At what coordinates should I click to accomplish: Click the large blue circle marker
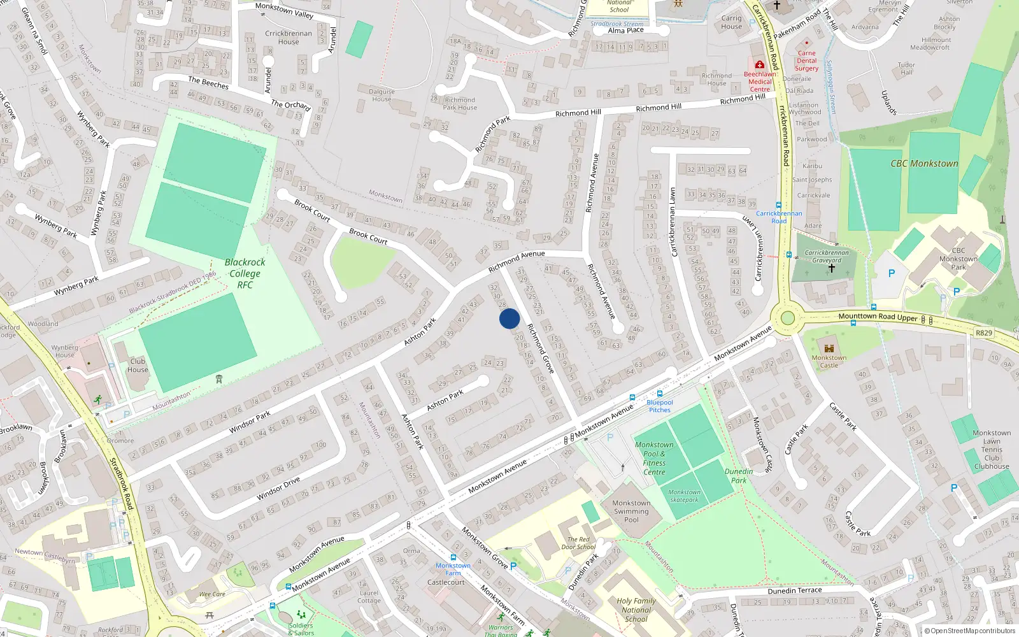point(509,318)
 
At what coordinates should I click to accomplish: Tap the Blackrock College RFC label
point(245,273)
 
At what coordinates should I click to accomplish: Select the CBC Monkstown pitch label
point(924,164)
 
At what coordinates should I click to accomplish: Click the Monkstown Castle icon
point(829,348)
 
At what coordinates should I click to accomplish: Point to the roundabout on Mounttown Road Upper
point(788,318)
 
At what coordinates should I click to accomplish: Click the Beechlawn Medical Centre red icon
point(759,65)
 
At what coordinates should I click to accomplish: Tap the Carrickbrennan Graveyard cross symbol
point(831,269)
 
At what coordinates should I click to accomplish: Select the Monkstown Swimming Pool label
point(631,511)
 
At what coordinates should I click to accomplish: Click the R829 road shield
point(983,333)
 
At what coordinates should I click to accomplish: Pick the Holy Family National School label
point(636,610)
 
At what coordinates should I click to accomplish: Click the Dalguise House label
point(381,95)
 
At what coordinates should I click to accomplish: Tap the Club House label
point(138,365)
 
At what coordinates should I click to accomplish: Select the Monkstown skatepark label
point(684,496)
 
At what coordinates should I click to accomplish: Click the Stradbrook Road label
point(122,483)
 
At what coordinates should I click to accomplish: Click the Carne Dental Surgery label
point(806,61)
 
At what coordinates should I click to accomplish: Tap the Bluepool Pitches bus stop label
point(660,406)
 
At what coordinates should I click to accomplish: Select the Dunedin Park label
point(739,476)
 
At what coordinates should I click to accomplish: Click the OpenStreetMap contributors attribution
point(969,631)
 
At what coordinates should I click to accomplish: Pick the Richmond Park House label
point(460,103)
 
